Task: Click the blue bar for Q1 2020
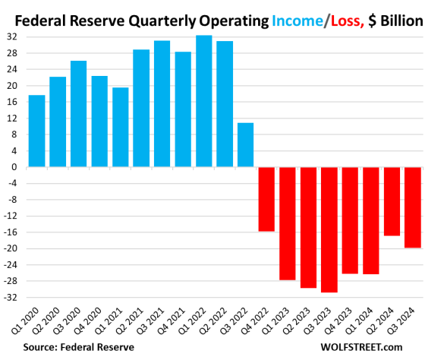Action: (36, 131)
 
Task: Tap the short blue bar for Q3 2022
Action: (246, 144)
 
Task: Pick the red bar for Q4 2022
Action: (266, 199)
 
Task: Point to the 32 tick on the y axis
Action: (14, 36)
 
